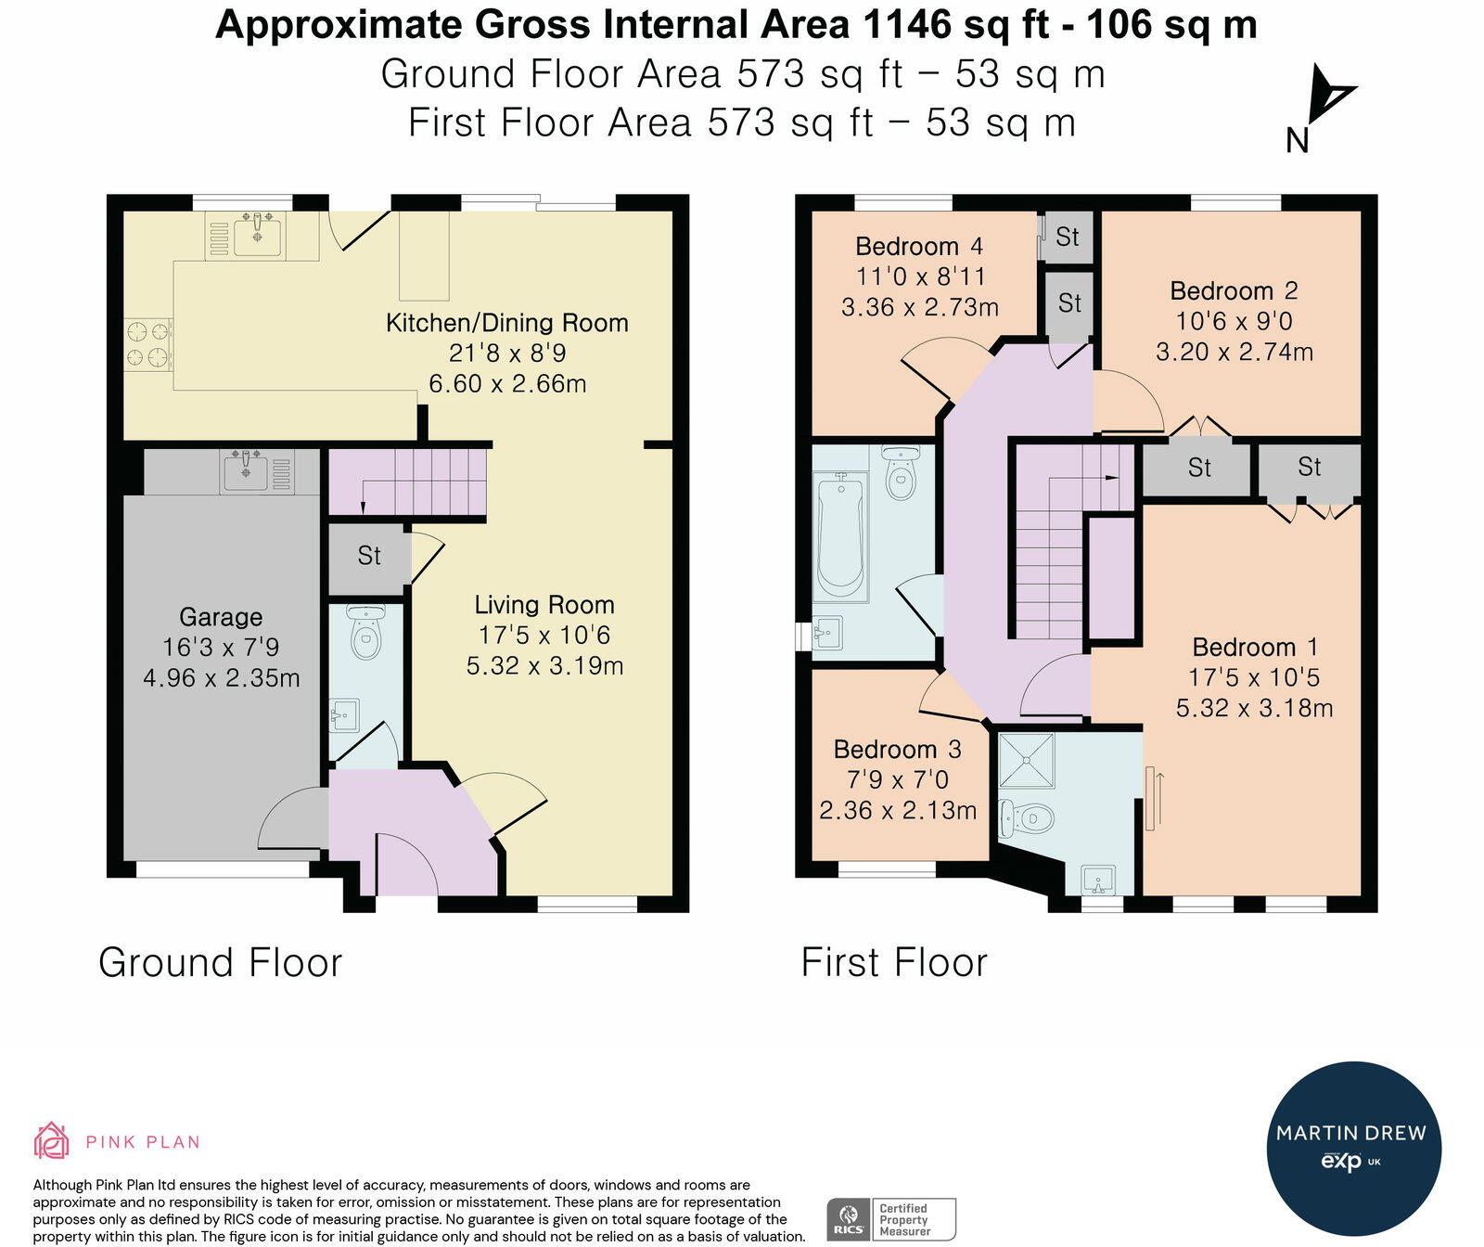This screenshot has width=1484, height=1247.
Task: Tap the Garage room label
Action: (x=221, y=617)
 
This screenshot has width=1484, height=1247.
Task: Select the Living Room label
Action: (x=544, y=605)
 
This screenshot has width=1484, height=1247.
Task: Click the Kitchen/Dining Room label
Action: (x=506, y=323)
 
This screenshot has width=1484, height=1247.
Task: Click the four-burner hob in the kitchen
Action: (x=149, y=343)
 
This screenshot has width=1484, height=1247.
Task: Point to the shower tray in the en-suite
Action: (x=1026, y=760)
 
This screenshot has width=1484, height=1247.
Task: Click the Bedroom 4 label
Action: (x=918, y=247)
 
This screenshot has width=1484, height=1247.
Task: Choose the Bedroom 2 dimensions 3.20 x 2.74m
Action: (x=1235, y=352)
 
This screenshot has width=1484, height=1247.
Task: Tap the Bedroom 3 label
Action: (x=897, y=749)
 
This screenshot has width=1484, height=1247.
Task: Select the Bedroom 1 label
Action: (x=1255, y=647)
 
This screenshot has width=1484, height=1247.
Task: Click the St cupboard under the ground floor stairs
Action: (x=369, y=556)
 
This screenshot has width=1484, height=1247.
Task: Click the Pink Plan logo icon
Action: (x=52, y=1141)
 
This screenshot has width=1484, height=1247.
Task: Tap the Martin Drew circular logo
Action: (x=1354, y=1149)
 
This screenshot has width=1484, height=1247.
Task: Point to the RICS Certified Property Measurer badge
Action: (x=891, y=1219)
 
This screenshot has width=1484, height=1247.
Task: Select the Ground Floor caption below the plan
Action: (x=221, y=962)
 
